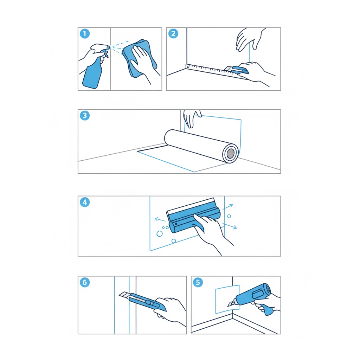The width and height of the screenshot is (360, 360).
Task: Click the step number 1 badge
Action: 85,34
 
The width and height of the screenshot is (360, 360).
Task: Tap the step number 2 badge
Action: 173,34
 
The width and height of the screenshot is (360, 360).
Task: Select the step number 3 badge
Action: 85,115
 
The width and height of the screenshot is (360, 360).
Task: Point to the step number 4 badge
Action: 85,202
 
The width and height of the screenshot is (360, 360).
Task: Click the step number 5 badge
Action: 198,282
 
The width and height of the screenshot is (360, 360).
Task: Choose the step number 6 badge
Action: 85,282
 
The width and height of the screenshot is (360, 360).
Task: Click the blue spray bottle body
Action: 92,73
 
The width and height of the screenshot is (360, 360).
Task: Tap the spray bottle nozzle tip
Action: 109,47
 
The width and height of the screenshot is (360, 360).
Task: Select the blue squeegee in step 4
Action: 194,216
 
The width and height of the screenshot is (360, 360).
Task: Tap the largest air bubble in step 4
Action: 160,234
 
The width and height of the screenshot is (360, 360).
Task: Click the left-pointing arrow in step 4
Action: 160,219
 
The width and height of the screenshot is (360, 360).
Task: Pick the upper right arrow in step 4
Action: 228,206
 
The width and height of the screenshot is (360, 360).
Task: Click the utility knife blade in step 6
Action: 125,295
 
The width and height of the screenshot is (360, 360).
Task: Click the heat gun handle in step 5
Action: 266,309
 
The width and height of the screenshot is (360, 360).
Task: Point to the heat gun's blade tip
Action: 228,306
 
